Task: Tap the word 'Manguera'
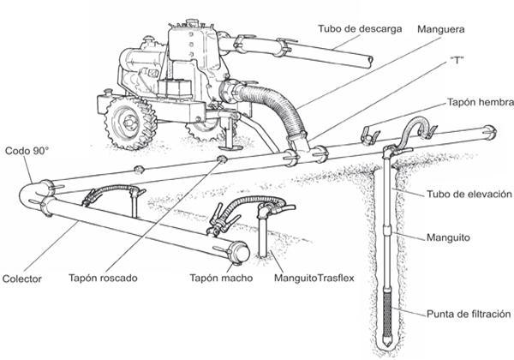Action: point(441,29)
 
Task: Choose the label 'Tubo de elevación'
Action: point(469,194)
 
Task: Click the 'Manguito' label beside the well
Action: point(450,234)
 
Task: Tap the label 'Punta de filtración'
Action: point(469,314)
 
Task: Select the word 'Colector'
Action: point(22,279)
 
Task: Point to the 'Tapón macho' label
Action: point(216,279)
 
